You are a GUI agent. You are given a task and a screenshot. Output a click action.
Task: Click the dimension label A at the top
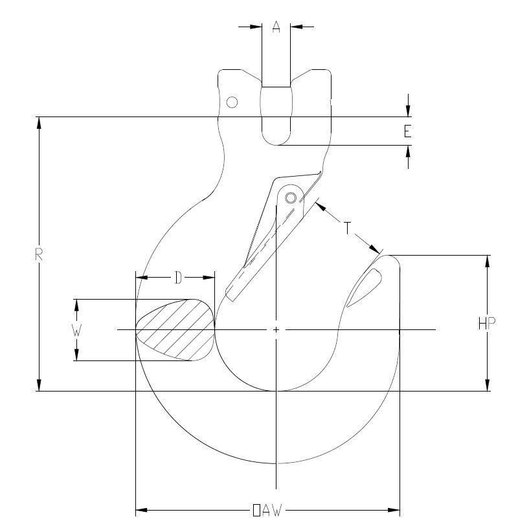(x=276, y=27)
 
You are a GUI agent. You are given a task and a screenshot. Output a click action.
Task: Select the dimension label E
(x=407, y=131)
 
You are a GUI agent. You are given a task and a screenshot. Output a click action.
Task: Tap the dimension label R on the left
(x=39, y=254)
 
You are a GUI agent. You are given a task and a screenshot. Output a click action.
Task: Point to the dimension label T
(x=348, y=228)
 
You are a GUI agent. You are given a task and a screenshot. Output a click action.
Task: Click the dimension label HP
(x=487, y=324)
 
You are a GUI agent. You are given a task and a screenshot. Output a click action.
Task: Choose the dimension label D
(x=177, y=278)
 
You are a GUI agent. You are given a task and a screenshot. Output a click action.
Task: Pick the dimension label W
(x=76, y=329)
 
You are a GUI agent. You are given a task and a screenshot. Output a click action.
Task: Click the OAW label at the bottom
(x=267, y=511)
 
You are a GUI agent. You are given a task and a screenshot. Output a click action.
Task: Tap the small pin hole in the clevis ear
(x=232, y=102)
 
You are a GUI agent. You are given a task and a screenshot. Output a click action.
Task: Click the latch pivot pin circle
(x=291, y=197)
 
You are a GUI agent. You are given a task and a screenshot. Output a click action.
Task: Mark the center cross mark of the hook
(x=276, y=330)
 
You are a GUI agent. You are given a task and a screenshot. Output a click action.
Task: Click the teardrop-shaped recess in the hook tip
(x=366, y=285)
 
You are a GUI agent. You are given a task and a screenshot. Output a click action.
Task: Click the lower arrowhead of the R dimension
(x=39, y=386)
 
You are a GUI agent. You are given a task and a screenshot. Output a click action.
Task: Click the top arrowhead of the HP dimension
(x=487, y=260)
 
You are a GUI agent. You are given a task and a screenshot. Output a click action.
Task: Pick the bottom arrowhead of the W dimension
(x=76, y=355)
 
